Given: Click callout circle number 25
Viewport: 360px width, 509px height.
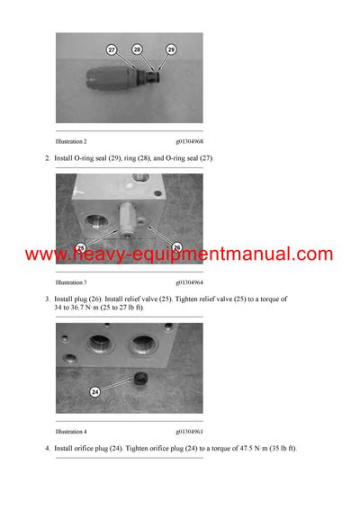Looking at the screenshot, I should point(80,247).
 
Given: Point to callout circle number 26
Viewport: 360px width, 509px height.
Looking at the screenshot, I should point(175,247).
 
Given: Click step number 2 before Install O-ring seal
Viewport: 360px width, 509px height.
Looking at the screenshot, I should point(46,158).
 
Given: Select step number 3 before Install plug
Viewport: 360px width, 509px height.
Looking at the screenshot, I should point(46,298).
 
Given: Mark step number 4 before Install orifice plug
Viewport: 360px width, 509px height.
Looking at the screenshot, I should point(46,448).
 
